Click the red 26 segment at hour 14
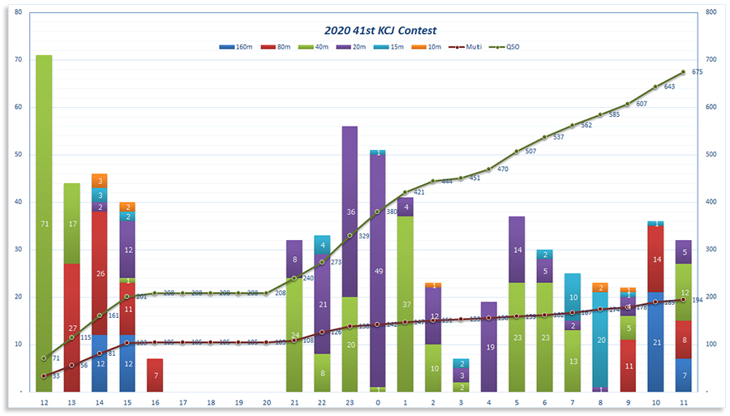pos(100,273)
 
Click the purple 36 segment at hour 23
pos(350,212)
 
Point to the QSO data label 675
pos(697,72)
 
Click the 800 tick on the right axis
pos(711,12)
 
